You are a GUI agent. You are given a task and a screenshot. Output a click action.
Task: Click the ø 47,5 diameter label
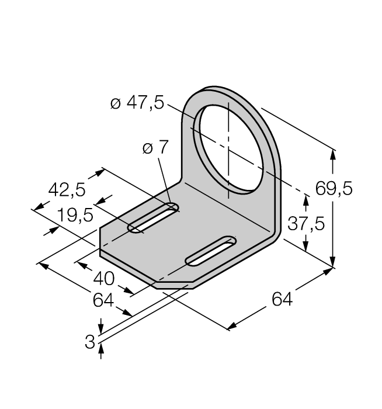pos(137,104)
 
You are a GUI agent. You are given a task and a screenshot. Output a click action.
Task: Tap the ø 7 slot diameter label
pos(155,148)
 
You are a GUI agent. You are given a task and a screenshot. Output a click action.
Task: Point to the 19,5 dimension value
pos(75,216)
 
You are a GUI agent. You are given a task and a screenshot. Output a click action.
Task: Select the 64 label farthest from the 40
pos(283,300)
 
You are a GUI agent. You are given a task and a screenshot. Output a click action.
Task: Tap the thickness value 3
pos(90,342)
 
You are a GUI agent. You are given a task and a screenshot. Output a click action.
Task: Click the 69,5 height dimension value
pos(334,189)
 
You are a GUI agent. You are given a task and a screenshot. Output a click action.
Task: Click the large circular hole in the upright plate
pos(228,149)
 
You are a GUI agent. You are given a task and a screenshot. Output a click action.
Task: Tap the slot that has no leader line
pos(210,250)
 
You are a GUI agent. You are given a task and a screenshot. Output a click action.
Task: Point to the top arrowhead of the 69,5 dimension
pos(334,153)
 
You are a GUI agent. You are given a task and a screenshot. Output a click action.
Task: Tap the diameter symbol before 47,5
pos(115,105)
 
